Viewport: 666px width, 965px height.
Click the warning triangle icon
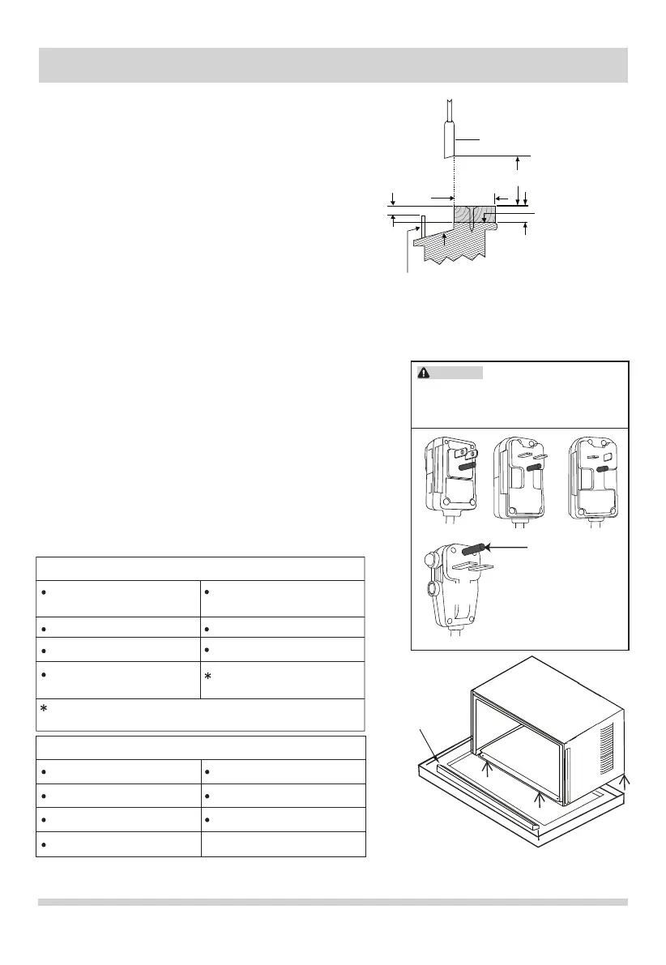click(424, 373)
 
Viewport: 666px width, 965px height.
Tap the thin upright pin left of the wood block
click(423, 227)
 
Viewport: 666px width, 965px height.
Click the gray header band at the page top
click(333, 65)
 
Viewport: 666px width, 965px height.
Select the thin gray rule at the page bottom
click(333, 902)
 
